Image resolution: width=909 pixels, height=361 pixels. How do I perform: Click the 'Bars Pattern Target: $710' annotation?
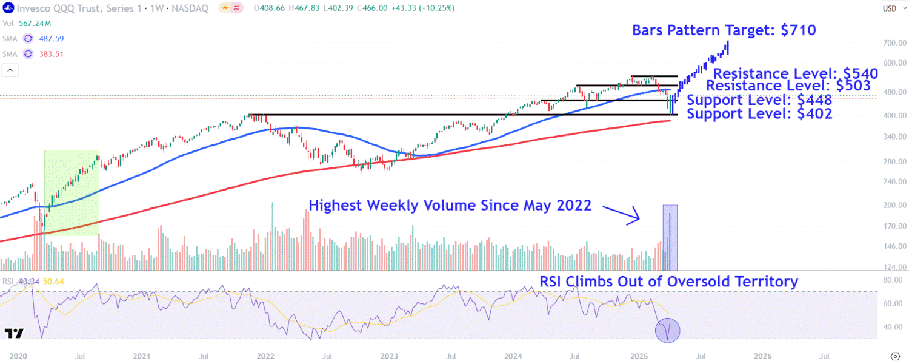click(724, 30)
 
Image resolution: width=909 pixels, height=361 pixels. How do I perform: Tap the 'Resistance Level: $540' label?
click(795, 74)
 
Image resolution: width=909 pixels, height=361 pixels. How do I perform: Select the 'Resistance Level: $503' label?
click(788, 86)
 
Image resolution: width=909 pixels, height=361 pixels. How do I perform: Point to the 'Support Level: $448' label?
click(759, 100)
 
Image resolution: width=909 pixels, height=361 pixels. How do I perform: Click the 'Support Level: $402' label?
click(759, 113)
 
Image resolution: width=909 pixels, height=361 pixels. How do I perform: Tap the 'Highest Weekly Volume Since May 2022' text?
click(450, 206)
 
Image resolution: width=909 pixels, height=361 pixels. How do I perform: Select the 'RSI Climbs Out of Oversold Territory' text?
click(668, 282)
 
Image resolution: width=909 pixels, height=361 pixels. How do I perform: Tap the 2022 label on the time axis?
click(265, 356)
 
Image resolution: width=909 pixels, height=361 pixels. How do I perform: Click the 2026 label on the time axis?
click(762, 356)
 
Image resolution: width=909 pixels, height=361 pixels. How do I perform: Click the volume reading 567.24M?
click(35, 23)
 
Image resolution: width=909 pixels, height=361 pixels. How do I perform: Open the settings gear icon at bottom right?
click(895, 356)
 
